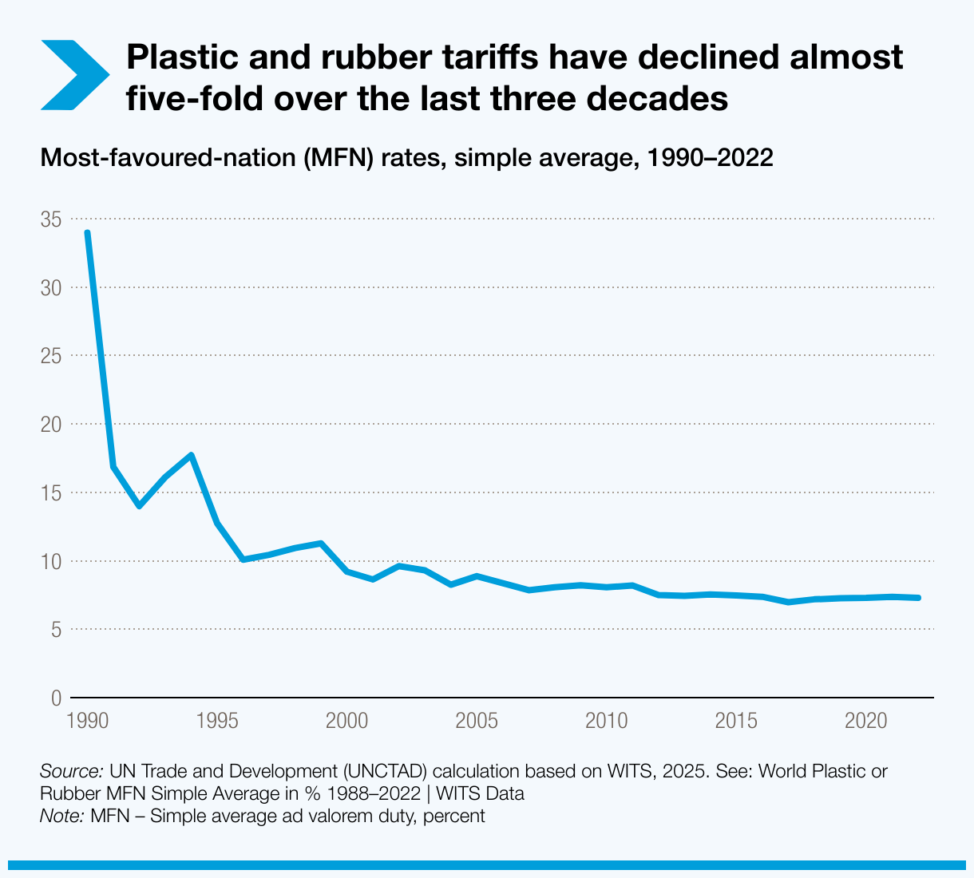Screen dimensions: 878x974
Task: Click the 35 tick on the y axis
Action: click(50, 219)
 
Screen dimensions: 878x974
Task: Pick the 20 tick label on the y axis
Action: click(50, 424)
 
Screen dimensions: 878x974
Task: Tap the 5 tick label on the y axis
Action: click(55, 630)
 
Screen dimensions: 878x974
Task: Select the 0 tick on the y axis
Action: click(55, 698)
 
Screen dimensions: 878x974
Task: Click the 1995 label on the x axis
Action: click(216, 722)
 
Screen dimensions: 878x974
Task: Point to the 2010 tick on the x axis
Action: click(606, 722)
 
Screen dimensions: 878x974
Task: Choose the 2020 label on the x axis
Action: click(866, 722)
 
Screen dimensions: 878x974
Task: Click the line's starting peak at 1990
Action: click(87, 233)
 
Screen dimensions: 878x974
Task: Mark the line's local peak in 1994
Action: click(192, 455)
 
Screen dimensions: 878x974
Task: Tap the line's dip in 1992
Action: click(140, 506)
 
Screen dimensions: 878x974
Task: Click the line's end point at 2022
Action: click(919, 598)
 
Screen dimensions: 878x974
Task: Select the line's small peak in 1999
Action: click(321, 544)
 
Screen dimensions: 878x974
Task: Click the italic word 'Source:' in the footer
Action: click(71, 772)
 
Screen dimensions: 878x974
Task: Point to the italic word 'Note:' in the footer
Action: click(62, 817)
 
